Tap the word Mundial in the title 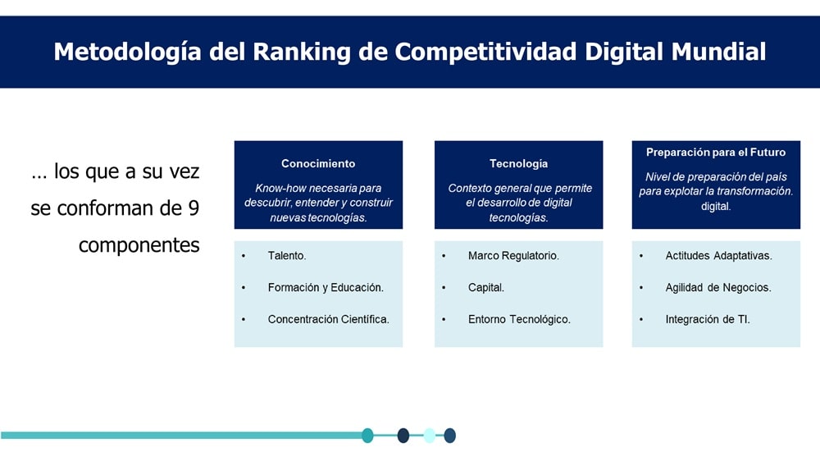pyautogui.click(x=718, y=52)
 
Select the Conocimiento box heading pyautogui.click(x=318, y=164)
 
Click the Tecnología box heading pyautogui.click(x=519, y=164)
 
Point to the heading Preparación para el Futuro pyautogui.click(x=716, y=153)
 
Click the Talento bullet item pyautogui.click(x=287, y=256)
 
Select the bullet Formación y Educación pyautogui.click(x=326, y=287)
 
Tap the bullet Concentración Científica pyautogui.click(x=329, y=319)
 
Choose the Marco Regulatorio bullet pyautogui.click(x=513, y=256)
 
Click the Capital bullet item pyautogui.click(x=486, y=287)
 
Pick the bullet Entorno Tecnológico pyautogui.click(x=519, y=319)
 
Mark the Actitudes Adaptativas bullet pyautogui.click(x=718, y=256)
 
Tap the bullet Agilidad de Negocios pyautogui.click(x=718, y=287)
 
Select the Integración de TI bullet pyautogui.click(x=708, y=319)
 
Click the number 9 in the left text pyautogui.click(x=194, y=208)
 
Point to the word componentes pyautogui.click(x=139, y=245)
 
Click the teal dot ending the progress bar pyautogui.click(x=367, y=436)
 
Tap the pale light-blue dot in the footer pyautogui.click(x=430, y=436)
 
